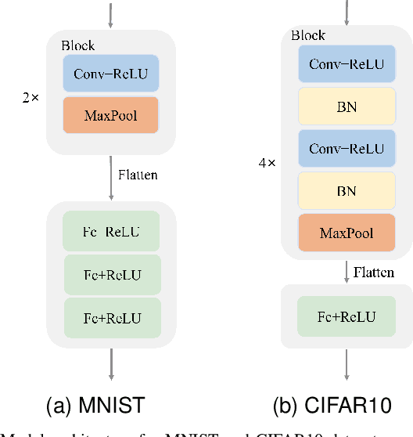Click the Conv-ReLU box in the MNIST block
(111, 74)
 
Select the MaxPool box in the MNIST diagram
(111, 115)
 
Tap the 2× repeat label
(30, 99)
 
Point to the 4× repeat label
(268, 164)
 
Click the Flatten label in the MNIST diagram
(138, 175)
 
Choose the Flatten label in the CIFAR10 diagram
(374, 273)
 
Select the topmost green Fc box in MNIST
(111, 233)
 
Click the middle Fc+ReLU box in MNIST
(111, 275)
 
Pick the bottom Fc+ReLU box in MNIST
(111, 317)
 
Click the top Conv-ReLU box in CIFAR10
(347, 64)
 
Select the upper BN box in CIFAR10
(347, 107)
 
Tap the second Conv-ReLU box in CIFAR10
(347, 148)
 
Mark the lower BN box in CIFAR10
(347, 190)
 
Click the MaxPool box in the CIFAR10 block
(347, 233)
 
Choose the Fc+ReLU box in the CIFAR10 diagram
(347, 316)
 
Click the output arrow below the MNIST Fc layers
(111, 365)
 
